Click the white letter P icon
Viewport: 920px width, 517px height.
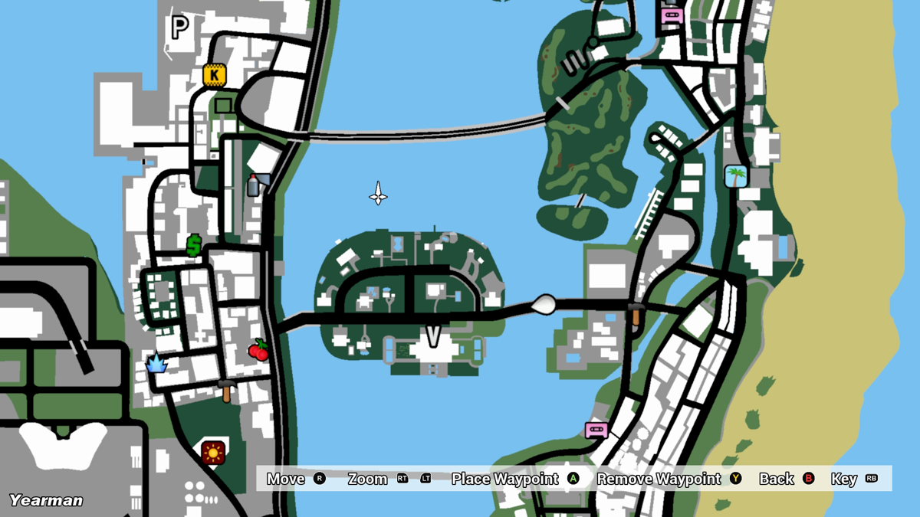[179, 28]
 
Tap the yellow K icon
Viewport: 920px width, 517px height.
[214, 75]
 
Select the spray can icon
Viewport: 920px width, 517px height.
[254, 185]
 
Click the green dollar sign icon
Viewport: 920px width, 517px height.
[194, 246]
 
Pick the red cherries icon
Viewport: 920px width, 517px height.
[258, 350]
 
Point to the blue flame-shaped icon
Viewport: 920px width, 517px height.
[157, 362]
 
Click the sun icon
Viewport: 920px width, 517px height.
[213, 452]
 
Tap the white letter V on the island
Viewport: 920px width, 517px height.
[434, 336]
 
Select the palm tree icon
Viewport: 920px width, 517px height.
[736, 177]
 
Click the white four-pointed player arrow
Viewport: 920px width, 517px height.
[378, 194]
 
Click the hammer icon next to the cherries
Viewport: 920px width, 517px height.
[227, 390]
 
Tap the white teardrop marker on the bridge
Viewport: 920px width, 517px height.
[544, 304]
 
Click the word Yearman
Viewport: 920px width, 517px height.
[46, 500]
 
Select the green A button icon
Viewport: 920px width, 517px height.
[573, 479]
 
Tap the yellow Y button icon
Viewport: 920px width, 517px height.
[735, 479]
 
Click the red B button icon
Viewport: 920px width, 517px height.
[808, 479]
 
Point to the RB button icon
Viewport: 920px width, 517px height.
[871, 479]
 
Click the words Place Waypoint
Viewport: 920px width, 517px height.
[504, 479]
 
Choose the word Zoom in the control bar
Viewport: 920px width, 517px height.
[367, 479]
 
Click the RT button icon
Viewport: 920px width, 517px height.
[402, 479]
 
